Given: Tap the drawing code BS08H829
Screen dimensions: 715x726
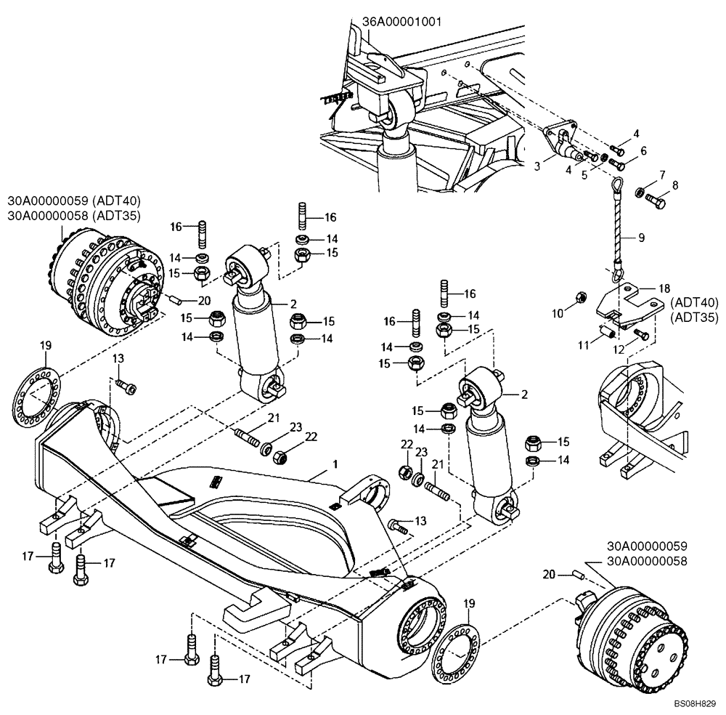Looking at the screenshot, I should point(695,704).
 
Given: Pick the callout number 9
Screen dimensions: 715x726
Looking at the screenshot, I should point(641,237).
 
